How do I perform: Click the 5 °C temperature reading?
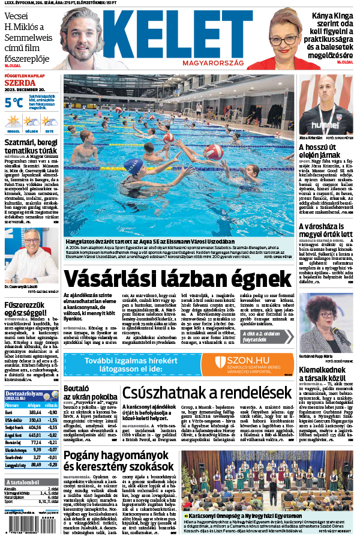click(14, 103)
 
